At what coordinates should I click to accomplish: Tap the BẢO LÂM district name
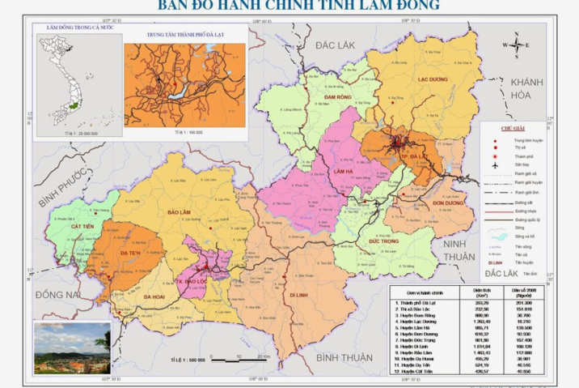pyautogui.click(x=178, y=212)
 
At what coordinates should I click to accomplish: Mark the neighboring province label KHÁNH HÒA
pyautogui.click(x=526, y=88)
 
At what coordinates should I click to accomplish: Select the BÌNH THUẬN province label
pyautogui.click(x=344, y=357)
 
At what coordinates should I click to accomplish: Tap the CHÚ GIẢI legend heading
pyautogui.click(x=513, y=128)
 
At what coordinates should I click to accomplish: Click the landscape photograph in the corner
pyautogui.click(x=72, y=347)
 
